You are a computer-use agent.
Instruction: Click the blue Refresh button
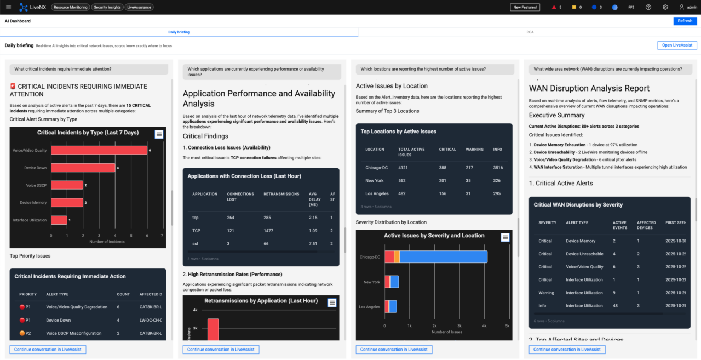(x=685, y=21)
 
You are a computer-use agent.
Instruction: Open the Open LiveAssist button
(x=677, y=45)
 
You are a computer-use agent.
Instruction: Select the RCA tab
(x=530, y=32)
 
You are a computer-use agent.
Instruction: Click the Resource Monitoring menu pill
(x=71, y=7)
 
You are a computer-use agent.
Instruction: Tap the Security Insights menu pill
(x=107, y=7)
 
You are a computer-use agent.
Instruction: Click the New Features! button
(x=525, y=7)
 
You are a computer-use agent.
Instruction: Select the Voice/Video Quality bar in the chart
(x=99, y=150)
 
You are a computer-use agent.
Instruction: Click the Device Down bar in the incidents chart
(x=83, y=168)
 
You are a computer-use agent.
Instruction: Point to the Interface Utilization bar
(x=59, y=220)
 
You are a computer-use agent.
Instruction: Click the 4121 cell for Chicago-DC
(x=406, y=167)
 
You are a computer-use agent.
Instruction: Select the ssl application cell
(x=195, y=244)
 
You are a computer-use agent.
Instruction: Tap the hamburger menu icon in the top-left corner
(x=8, y=7)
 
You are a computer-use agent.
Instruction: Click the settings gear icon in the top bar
(x=665, y=7)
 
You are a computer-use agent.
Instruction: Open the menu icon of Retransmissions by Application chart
(x=332, y=302)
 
